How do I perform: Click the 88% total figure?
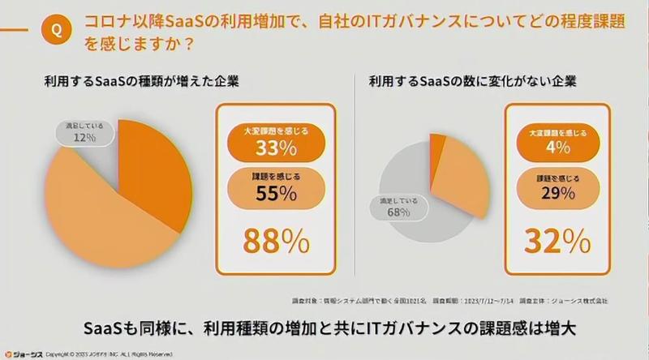(276, 240)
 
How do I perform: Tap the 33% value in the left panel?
(276, 148)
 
